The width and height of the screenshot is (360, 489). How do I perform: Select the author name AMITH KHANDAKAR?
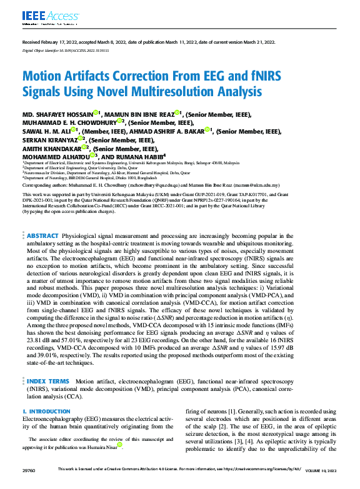[50, 149]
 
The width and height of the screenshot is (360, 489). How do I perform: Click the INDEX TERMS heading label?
[49, 380]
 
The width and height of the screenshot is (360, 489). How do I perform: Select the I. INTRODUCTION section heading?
[46, 412]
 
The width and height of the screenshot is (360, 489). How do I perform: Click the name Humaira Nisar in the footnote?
[107, 447]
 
